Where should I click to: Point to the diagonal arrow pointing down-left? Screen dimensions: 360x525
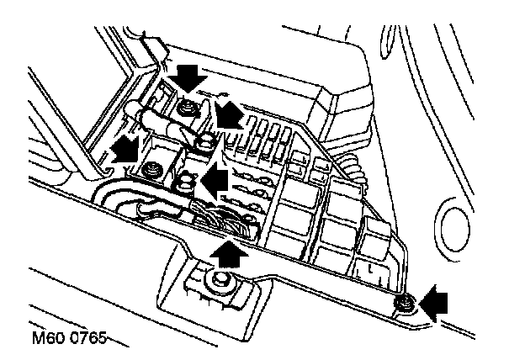pos(229,114)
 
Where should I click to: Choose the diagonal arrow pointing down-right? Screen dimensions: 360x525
pos(126,149)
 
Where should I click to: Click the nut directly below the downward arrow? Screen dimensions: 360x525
pos(188,108)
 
